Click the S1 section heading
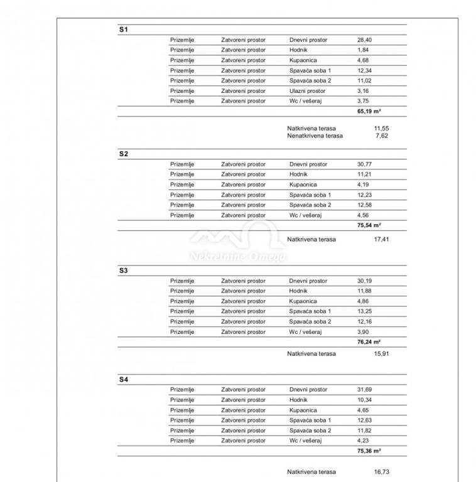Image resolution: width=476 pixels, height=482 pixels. [123, 29]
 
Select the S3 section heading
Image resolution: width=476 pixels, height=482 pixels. [123, 270]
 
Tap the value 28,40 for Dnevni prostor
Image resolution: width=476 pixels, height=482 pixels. [364, 40]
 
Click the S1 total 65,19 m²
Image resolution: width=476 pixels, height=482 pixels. [370, 110]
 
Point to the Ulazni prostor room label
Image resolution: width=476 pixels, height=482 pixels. [307, 91]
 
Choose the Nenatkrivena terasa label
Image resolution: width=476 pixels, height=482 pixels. [315, 136]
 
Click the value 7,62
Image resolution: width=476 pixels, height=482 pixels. [381, 136]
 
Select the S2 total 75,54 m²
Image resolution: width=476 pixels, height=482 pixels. [370, 225]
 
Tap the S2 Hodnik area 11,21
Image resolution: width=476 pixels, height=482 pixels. [364, 174]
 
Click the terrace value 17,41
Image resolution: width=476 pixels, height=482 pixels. [381, 239]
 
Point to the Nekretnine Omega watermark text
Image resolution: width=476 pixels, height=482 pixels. [239, 257]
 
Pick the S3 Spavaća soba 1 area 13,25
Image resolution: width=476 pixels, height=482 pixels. [364, 311]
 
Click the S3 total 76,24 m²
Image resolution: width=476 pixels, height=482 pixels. [370, 342]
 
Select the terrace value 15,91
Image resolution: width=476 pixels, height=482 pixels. [381, 353]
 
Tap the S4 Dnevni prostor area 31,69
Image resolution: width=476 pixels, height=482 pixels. [364, 390]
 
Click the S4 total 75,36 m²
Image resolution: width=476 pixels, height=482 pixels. [370, 451]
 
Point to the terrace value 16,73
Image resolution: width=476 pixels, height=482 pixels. [381, 471]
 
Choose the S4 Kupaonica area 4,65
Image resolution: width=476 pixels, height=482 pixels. [363, 410]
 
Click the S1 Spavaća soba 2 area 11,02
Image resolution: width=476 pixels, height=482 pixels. [364, 80]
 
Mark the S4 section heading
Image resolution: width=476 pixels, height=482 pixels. [123, 380]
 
